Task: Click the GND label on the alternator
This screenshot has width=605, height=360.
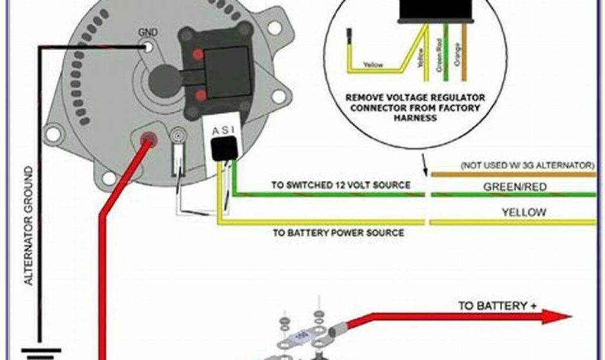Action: [x=147, y=32]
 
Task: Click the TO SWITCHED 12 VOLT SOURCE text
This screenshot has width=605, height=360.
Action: [x=340, y=185]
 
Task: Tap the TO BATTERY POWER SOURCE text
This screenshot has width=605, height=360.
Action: [x=338, y=233]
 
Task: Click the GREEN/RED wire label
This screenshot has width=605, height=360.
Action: [x=515, y=187]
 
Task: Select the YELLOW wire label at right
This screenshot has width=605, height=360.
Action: [x=523, y=212]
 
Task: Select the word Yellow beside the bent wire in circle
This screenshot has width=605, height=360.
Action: [x=373, y=63]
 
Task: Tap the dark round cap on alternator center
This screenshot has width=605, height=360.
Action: [x=165, y=82]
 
